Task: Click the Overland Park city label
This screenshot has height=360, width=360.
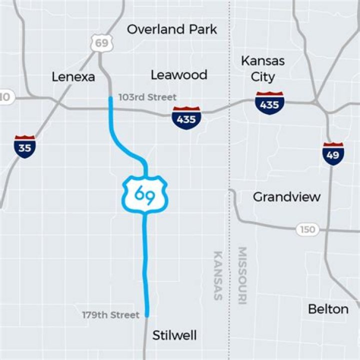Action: point(172,29)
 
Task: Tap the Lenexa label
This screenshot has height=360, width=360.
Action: point(73,76)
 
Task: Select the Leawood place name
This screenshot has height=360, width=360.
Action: point(179,75)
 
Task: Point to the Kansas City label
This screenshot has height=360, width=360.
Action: point(263,69)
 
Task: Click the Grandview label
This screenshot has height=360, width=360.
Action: point(286,196)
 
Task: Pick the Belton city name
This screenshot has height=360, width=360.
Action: point(328,309)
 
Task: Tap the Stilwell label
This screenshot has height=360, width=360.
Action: point(175,334)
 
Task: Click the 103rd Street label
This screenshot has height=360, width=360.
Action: point(147,97)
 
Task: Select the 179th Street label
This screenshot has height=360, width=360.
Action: point(110,315)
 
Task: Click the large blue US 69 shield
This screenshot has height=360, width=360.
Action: point(145,192)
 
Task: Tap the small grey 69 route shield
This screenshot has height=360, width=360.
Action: point(101,43)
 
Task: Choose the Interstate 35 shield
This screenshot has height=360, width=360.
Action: point(24,146)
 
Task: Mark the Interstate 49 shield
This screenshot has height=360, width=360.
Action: point(333,153)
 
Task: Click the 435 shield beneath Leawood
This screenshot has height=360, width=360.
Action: point(186,118)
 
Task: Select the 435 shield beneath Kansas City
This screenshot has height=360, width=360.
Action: point(269,103)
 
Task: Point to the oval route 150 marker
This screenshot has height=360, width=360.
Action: point(308,229)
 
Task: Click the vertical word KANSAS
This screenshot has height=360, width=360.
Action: point(218,275)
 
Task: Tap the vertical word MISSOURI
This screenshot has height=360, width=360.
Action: point(242,275)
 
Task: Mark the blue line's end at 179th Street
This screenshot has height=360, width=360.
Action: point(147,314)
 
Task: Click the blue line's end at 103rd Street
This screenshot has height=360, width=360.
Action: point(111,99)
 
